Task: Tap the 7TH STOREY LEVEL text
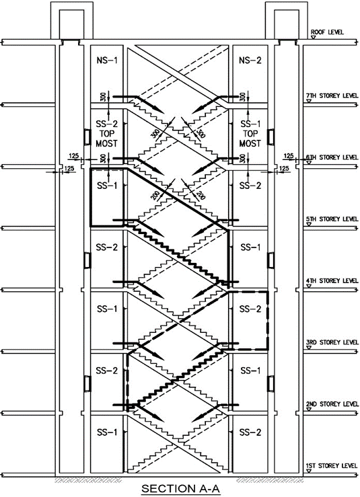click(332, 95)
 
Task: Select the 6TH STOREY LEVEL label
click(332, 157)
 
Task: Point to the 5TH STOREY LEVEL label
click(332, 219)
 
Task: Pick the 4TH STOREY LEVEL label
click(332, 281)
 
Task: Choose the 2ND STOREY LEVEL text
click(332, 404)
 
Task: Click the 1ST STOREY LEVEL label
click(332, 465)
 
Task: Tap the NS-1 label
click(107, 61)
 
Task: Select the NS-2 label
click(250, 61)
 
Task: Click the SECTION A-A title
click(180, 488)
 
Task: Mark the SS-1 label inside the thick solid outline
click(107, 186)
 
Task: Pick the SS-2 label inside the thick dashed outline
click(250, 309)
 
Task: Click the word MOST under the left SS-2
click(106, 143)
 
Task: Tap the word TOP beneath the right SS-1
click(250, 133)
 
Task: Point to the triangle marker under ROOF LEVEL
click(314, 38)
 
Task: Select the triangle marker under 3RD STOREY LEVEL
click(309, 348)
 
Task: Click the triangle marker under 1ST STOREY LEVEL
click(309, 471)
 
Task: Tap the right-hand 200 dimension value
click(201, 195)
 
